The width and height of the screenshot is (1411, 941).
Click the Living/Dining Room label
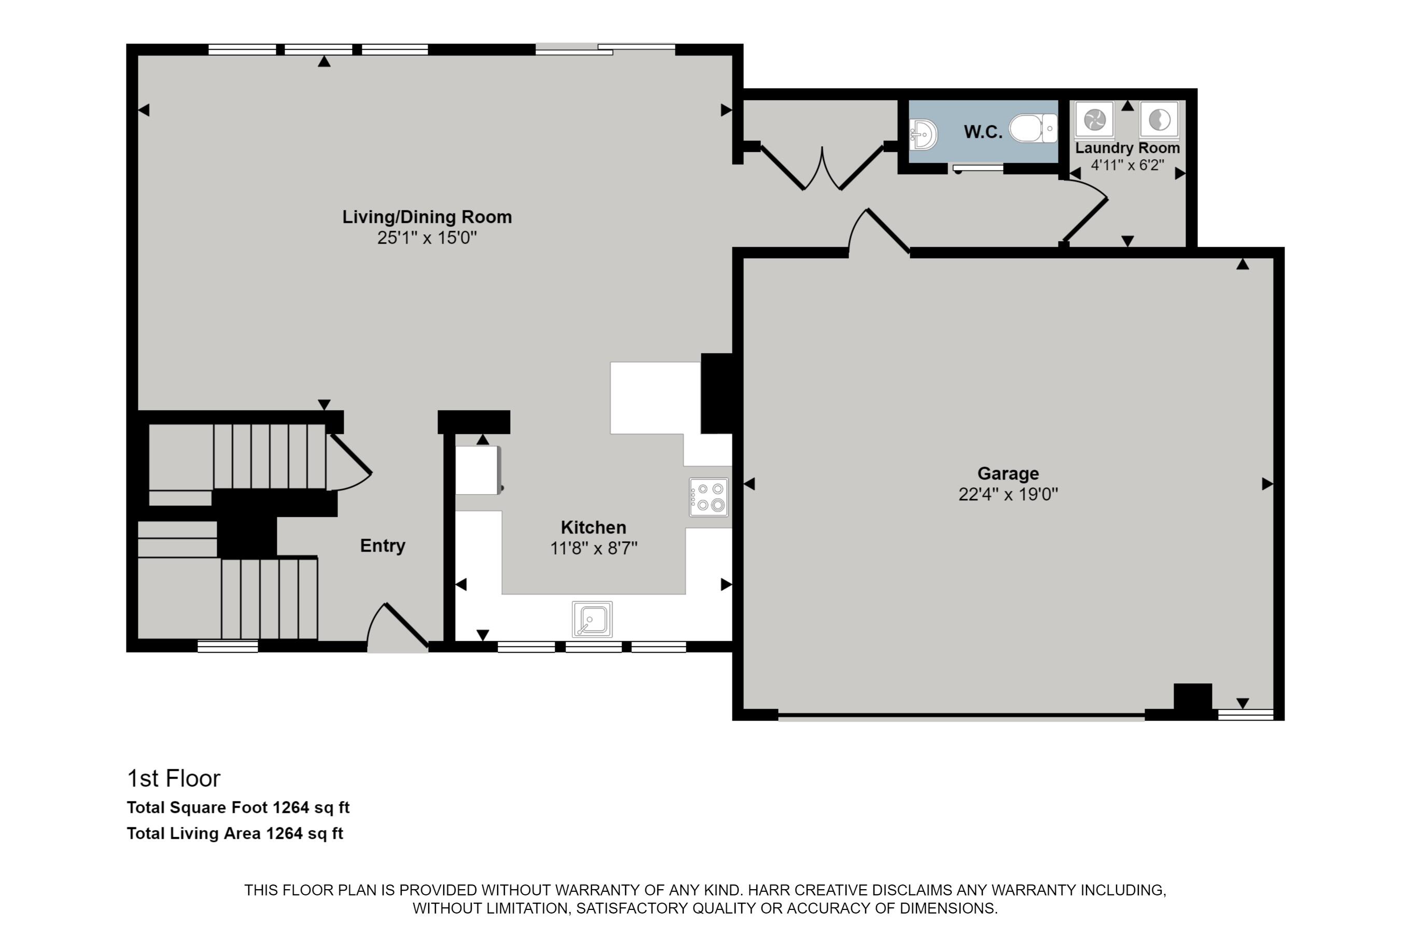[427, 217]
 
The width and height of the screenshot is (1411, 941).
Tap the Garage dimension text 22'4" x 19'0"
[1008, 495]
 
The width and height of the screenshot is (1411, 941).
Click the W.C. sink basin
[924, 134]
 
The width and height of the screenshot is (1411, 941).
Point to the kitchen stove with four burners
[709, 497]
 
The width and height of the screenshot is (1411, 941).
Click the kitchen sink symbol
[592, 619]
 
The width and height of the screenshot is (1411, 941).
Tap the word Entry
[382, 545]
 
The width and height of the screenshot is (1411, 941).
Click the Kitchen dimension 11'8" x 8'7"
[594, 548]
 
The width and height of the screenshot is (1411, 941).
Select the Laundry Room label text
[1127, 148]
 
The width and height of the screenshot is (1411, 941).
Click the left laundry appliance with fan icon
[1094, 119]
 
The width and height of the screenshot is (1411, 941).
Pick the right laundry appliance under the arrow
[1159, 119]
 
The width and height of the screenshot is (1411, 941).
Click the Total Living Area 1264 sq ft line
[235, 834]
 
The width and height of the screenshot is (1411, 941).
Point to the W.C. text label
[983, 132]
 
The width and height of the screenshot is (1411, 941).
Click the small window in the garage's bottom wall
[1246, 714]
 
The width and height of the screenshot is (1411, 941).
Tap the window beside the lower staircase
[228, 647]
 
